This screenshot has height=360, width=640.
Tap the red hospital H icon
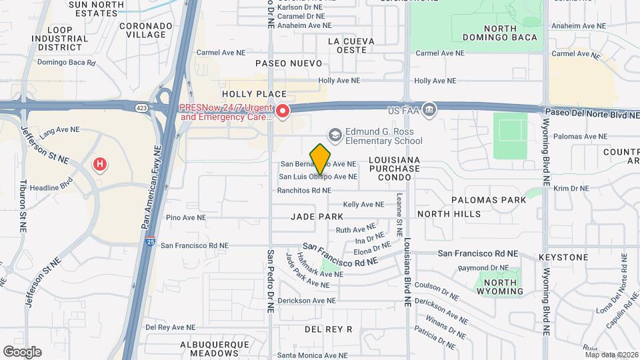point(100,163)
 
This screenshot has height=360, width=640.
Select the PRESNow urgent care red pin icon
point(283,111)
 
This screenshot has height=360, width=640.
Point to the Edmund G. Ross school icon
point(335,135)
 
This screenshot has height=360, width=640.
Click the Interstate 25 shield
point(147,243)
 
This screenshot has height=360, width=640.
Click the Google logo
point(22,351)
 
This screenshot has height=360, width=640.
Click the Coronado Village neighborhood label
point(142,30)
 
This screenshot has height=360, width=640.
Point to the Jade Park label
point(317,217)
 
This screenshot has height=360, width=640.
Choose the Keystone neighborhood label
point(563,257)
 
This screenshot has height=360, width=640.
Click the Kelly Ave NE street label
point(363,205)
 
